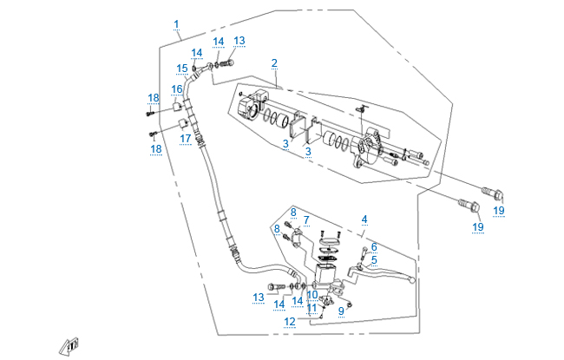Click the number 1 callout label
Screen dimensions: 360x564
[176, 23]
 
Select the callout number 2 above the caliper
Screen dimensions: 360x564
[274, 62]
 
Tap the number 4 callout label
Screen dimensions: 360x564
[364, 219]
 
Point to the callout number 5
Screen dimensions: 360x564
[374, 259]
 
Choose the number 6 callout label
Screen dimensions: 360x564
[374, 246]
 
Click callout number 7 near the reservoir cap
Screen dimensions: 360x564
[305, 220]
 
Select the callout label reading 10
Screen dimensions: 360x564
[312, 295]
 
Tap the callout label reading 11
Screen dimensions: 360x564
[311, 307]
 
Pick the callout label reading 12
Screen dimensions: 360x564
[290, 321]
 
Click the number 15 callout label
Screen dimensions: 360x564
[182, 69]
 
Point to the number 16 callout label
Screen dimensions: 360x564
[176, 88]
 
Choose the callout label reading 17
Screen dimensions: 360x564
[185, 138]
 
